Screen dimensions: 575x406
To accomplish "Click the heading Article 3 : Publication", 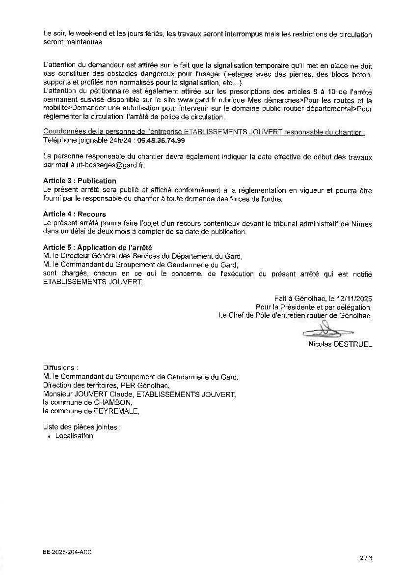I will (x=80, y=181).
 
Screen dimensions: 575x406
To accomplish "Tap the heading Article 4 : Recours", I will (x=75, y=214).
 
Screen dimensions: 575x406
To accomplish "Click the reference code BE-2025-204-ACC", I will (x=67, y=552).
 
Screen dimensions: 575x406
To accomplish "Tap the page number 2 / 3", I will (x=366, y=558).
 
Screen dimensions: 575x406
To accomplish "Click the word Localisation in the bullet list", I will (x=74, y=436).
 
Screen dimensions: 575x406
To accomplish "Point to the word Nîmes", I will (x=362, y=224).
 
